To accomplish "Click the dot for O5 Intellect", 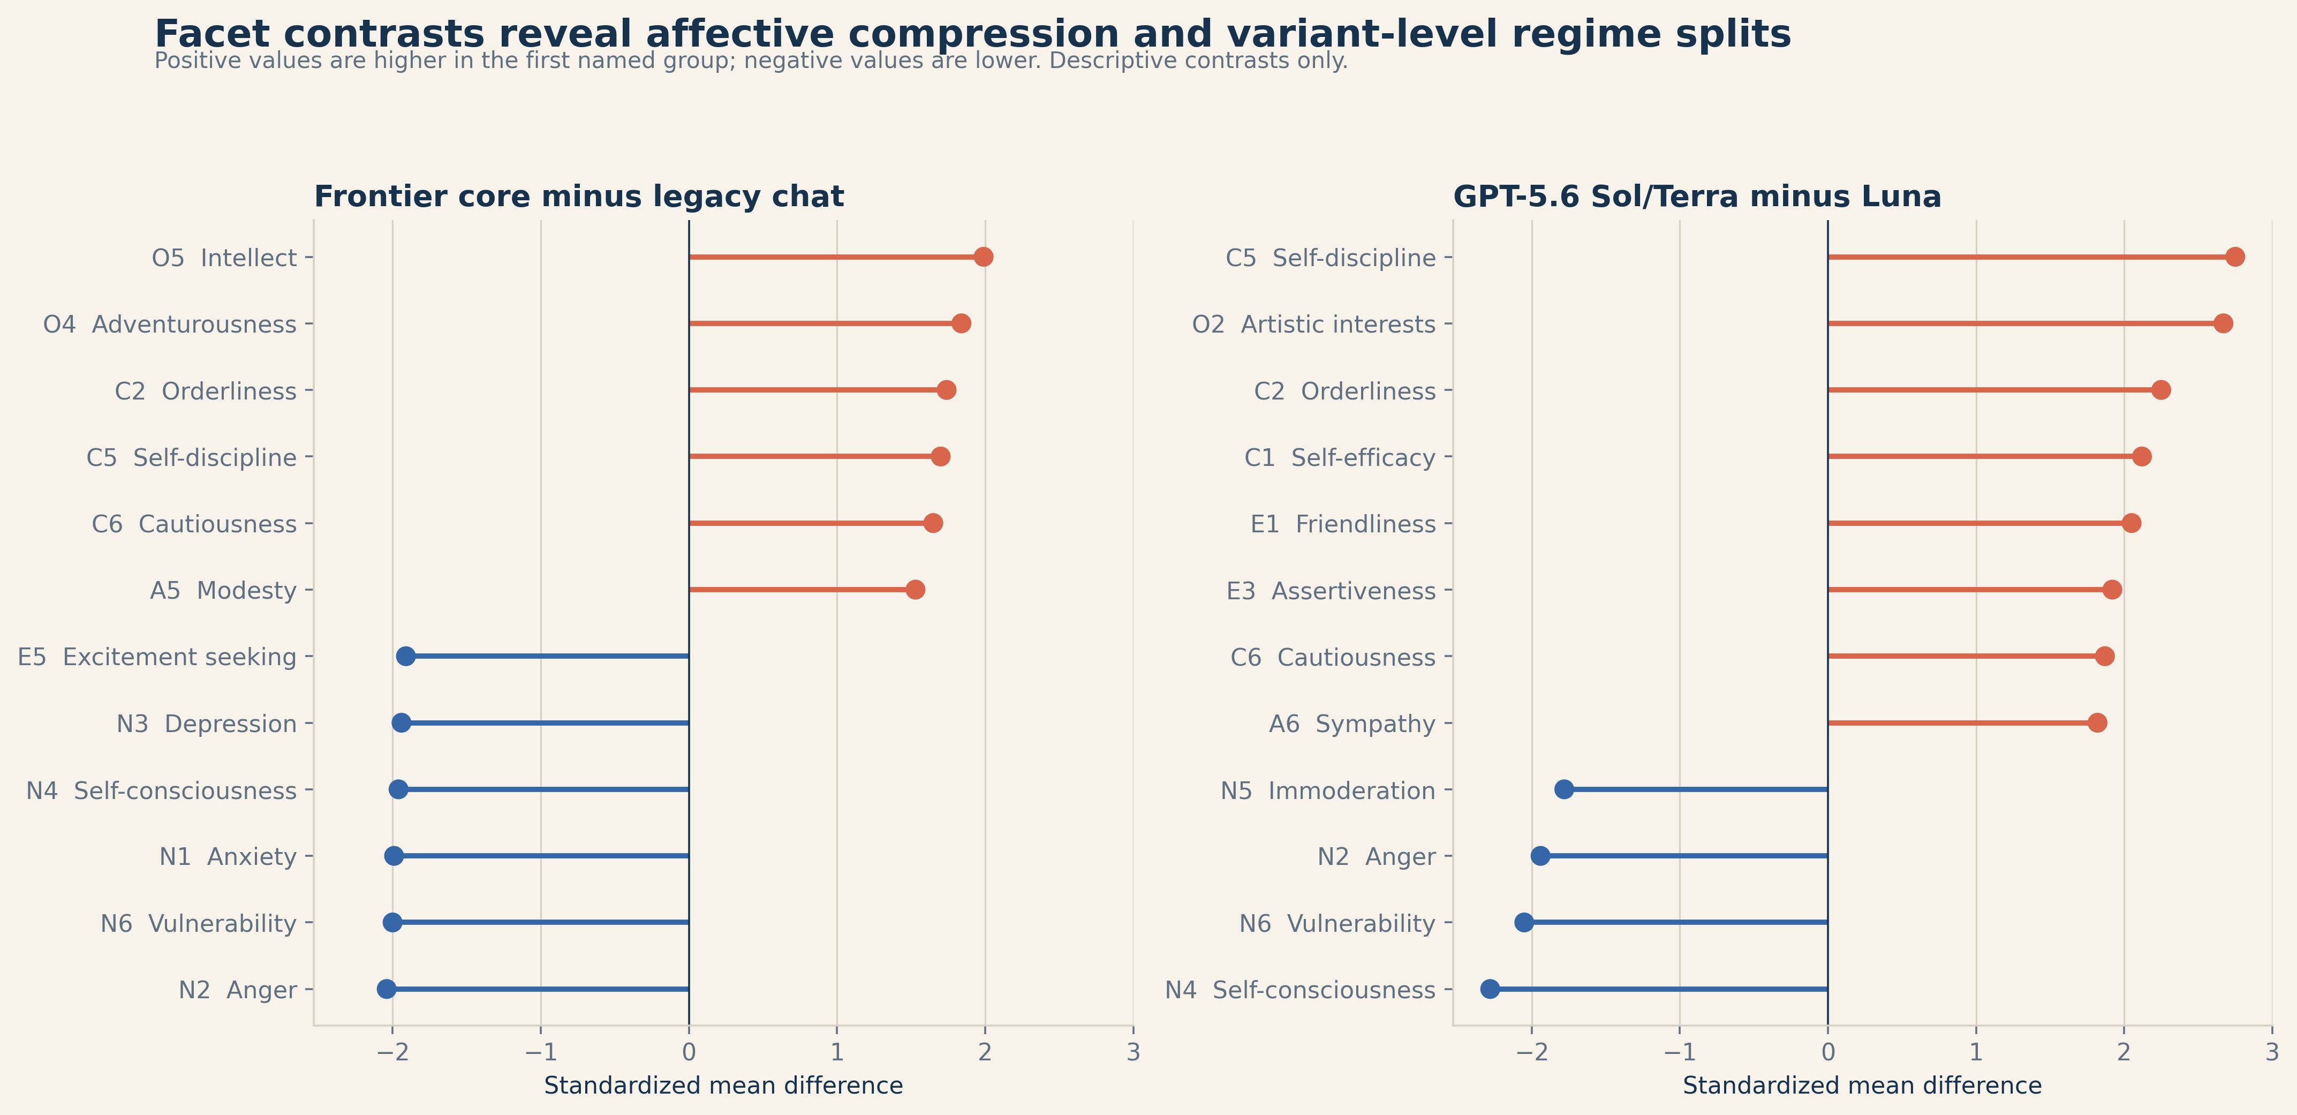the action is click(984, 257).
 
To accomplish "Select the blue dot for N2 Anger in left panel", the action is click(386, 989).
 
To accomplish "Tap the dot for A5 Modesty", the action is click(915, 590).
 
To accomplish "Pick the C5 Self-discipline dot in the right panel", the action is click(2234, 257).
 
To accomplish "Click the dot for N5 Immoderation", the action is click(1564, 789).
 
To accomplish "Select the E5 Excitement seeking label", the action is click(157, 658).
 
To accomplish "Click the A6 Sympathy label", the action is click(1352, 724).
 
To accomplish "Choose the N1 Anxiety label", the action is click(228, 857).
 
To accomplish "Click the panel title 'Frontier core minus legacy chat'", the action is click(579, 196).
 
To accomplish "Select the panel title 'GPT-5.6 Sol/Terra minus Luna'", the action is click(1697, 196).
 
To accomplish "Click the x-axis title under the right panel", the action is click(1862, 1086).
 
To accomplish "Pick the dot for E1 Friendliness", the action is click(2131, 523).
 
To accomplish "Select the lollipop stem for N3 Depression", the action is click(545, 722).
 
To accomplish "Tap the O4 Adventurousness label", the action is click(169, 325).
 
